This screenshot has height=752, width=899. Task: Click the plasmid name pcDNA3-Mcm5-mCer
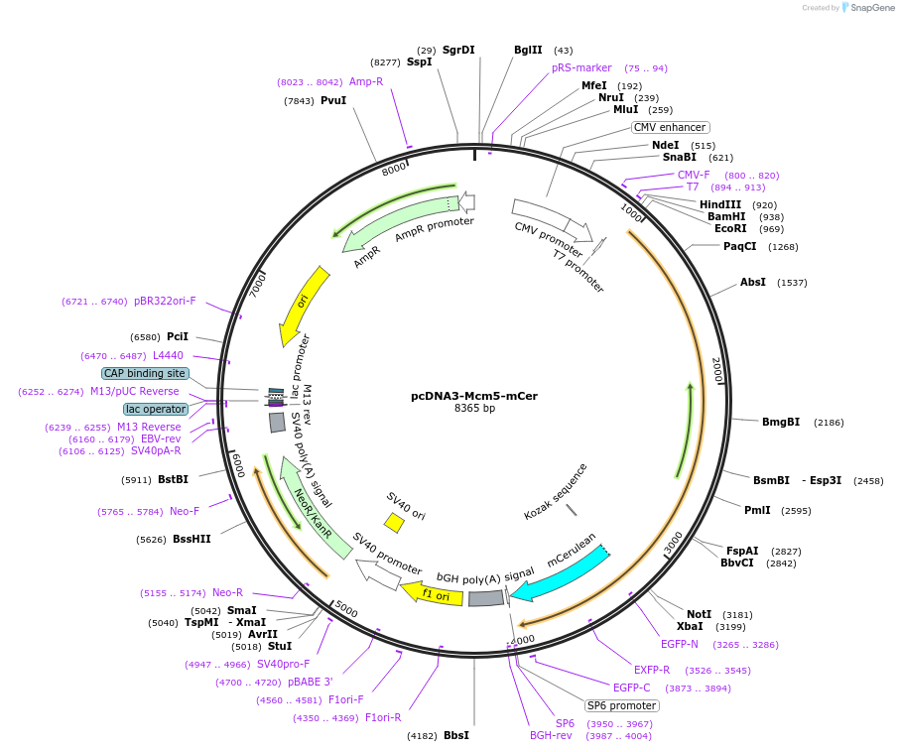tap(474, 396)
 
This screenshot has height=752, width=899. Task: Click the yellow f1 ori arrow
tap(433, 593)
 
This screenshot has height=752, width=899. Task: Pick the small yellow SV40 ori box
tap(394, 522)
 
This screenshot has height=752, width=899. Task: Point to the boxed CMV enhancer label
tap(671, 127)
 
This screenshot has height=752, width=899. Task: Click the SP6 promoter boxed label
tap(621, 705)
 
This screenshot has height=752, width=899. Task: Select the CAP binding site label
tap(145, 373)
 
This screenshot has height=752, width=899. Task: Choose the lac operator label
tap(156, 409)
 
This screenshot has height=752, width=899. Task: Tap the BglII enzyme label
tap(528, 50)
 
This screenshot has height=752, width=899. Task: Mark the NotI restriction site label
tap(700, 614)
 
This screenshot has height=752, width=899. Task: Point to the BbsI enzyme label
tap(456, 735)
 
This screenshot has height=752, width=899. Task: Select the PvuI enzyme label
tap(333, 100)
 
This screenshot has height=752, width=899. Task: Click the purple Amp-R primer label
tap(366, 81)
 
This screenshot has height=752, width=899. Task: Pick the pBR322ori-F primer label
tap(165, 301)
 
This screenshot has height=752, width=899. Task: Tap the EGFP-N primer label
tap(681, 644)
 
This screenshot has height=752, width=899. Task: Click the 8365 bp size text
tap(474, 409)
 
